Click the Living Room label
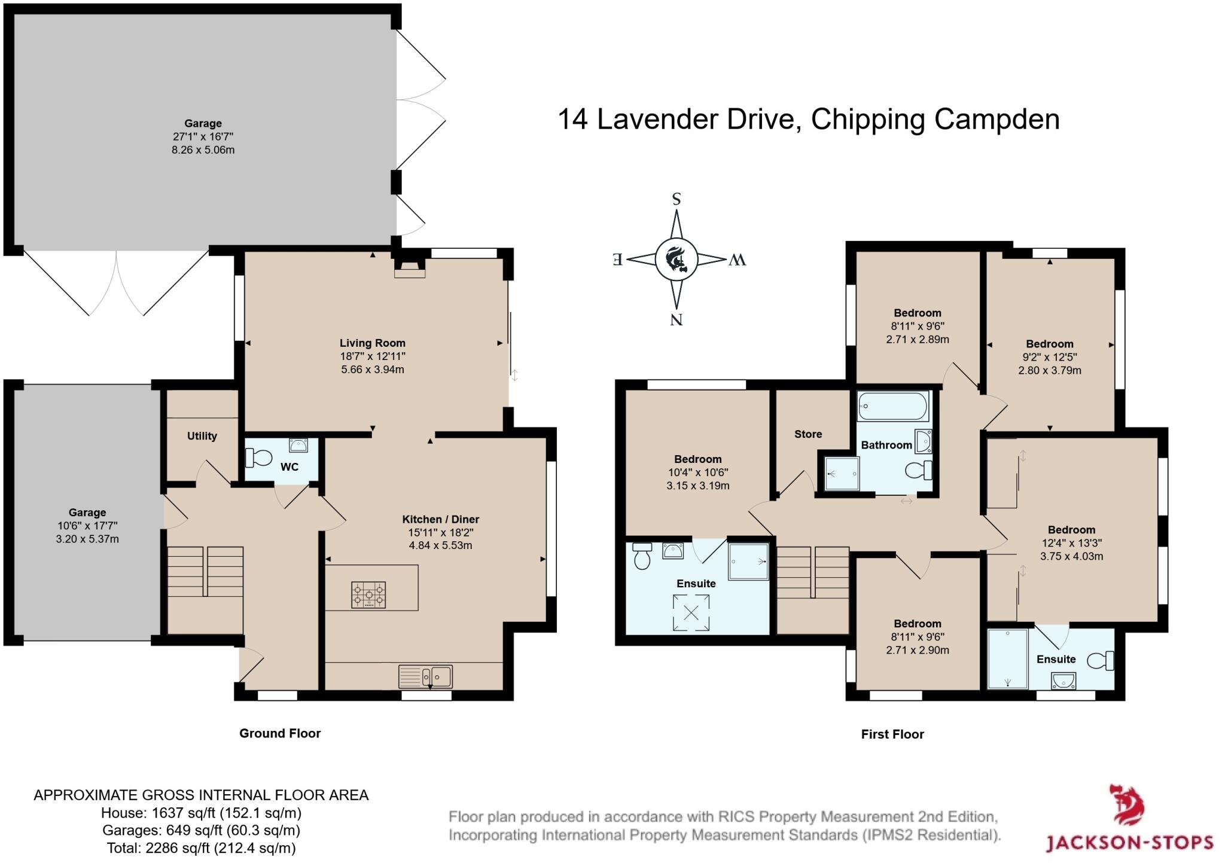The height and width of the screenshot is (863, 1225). click(372, 343)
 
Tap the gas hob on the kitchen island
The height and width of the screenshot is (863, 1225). click(368, 595)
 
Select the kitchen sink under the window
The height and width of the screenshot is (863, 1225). click(425, 676)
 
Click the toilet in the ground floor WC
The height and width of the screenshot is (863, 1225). click(258, 458)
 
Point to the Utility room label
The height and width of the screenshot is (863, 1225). click(202, 436)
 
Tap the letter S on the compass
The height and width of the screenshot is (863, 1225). click(677, 199)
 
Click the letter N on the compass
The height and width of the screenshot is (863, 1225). click(677, 319)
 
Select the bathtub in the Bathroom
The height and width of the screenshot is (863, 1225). click(892, 407)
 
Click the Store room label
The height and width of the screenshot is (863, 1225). click(807, 434)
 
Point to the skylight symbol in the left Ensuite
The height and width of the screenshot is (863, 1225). click(691, 612)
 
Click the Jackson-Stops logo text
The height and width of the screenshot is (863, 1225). click(1129, 843)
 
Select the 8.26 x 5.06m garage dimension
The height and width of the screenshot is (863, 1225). click(203, 150)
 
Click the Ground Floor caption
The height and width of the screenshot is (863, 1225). click(280, 733)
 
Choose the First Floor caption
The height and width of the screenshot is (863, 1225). click(892, 734)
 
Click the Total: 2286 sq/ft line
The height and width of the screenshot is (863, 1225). click(201, 847)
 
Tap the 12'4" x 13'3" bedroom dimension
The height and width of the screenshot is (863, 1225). click(1071, 543)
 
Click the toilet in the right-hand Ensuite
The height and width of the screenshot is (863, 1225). click(1099, 661)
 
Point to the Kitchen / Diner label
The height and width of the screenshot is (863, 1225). click(440, 519)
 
